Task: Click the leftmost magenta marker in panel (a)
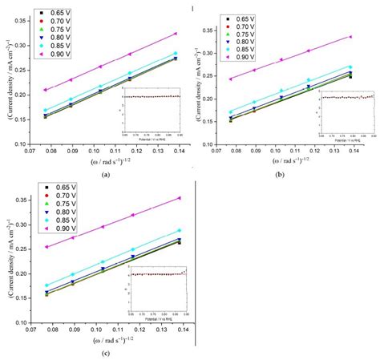point(45,90)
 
